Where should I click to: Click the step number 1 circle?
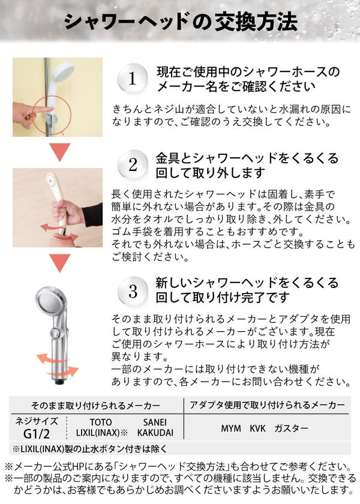click(x=132, y=79)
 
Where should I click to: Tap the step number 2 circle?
click(x=133, y=165)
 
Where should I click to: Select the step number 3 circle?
click(x=133, y=291)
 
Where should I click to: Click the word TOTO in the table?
click(x=101, y=422)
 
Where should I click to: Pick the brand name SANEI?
click(x=155, y=422)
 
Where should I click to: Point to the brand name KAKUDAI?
click(x=155, y=433)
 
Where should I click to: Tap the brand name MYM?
click(x=231, y=428)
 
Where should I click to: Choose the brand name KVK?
click(x=258, y=428)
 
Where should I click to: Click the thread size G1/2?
click(x=37, y=434)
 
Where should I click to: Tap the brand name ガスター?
click(x=291, y=428)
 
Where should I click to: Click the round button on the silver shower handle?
click(x=56, y=332)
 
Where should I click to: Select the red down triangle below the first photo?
click(x=60, y=152)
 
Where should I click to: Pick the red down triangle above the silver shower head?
click(x=60, y=263)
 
